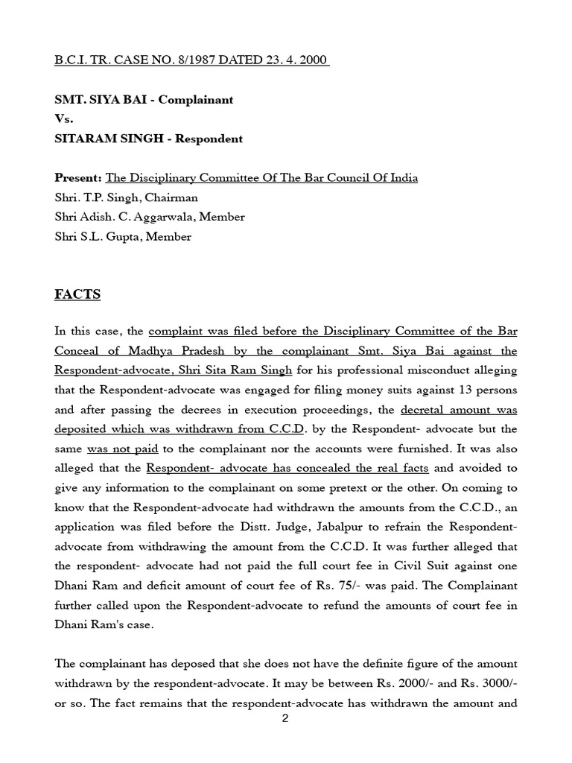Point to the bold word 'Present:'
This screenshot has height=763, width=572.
78,178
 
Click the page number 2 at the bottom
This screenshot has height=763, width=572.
285,718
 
